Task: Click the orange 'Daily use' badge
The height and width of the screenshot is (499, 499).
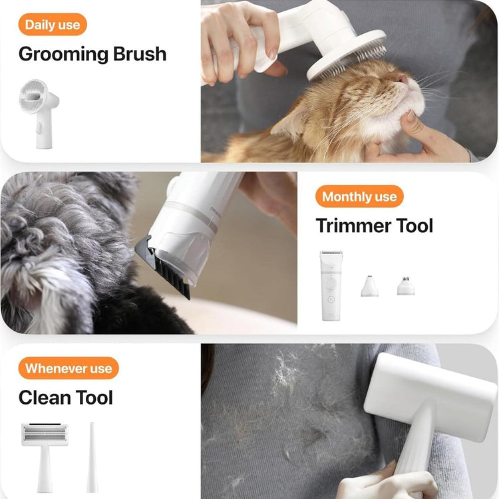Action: coord(53,25)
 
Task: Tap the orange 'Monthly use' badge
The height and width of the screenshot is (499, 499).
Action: coord(359,196)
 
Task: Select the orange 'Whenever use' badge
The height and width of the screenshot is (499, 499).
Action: coord(69,368)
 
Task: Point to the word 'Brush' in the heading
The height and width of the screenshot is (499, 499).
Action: coord(140,53)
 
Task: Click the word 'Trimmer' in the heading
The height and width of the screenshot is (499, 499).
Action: coord(351,226)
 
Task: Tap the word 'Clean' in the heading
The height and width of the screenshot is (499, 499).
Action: coord(45,397)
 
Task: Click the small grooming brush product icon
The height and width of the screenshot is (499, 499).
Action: coord(39,114)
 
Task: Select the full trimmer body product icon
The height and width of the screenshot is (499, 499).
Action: coord(331,285)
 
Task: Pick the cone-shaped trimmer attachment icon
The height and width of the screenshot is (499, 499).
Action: coord(369,286)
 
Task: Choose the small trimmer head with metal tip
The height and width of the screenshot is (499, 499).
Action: coord(406,286)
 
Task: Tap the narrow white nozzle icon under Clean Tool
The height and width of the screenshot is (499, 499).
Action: coord(92,457)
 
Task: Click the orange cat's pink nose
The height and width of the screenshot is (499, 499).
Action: coord(403,79)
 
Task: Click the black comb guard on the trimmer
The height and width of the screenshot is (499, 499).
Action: coord(166,267)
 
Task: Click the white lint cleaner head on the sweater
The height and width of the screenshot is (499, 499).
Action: coord(430,398)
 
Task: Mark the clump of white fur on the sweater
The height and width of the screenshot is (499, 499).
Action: coord(285,370)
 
